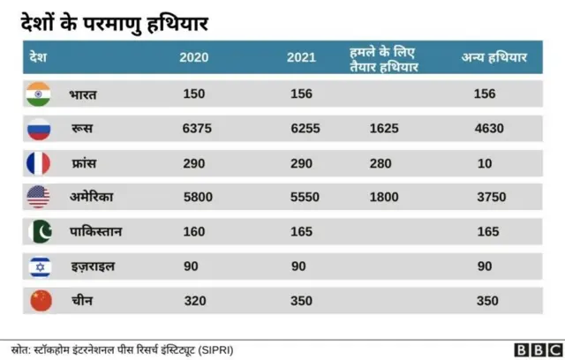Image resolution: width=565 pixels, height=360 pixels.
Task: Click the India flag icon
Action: [x=40, y=94]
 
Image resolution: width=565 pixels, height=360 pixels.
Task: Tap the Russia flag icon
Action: [x=40, y=129]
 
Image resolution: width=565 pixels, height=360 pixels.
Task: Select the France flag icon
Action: [x=40, y=163]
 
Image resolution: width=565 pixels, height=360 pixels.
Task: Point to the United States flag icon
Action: [x=40, y=198]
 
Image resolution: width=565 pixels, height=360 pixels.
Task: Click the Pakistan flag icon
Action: [x=40, y=232]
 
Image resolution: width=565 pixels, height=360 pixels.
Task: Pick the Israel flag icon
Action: [x=40, y=266]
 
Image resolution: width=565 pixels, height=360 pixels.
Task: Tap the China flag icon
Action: [x=40, y=300]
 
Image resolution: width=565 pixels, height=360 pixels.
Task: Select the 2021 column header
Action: [x=302, y=58]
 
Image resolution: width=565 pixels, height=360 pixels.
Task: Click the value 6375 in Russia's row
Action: [x=197, y=129]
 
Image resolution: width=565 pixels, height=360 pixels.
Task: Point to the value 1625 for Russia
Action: [x=385, y=129]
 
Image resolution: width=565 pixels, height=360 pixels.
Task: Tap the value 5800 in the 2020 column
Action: [x=197, y=198]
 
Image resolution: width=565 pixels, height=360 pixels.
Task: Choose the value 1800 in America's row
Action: [x=385, y=198]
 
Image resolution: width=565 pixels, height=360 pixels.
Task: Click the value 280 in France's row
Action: [x=381, y=163]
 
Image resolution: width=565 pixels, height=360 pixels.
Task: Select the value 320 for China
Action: [x=193, y=300]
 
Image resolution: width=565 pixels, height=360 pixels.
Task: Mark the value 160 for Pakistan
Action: [x=193, y=232]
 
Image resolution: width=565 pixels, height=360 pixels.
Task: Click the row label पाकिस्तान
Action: [x=96, y=232]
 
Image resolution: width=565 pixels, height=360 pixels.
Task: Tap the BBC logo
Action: [x=534, y=349]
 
